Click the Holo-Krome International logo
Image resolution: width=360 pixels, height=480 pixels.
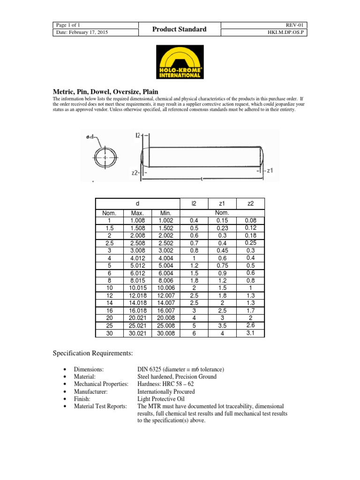click(x=180, y=62)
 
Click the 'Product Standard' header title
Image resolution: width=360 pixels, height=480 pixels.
click(x=180, y=29)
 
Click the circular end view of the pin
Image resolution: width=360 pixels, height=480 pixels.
click(x=105, y=158)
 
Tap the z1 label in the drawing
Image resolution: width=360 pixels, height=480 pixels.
click(x=268, y=171)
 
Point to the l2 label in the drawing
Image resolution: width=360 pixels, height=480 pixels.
click(x=138, y=135)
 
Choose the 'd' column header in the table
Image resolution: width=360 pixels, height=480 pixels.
click(x=138, y=204)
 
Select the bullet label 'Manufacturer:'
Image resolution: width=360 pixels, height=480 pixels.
click(x=91, y=391)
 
